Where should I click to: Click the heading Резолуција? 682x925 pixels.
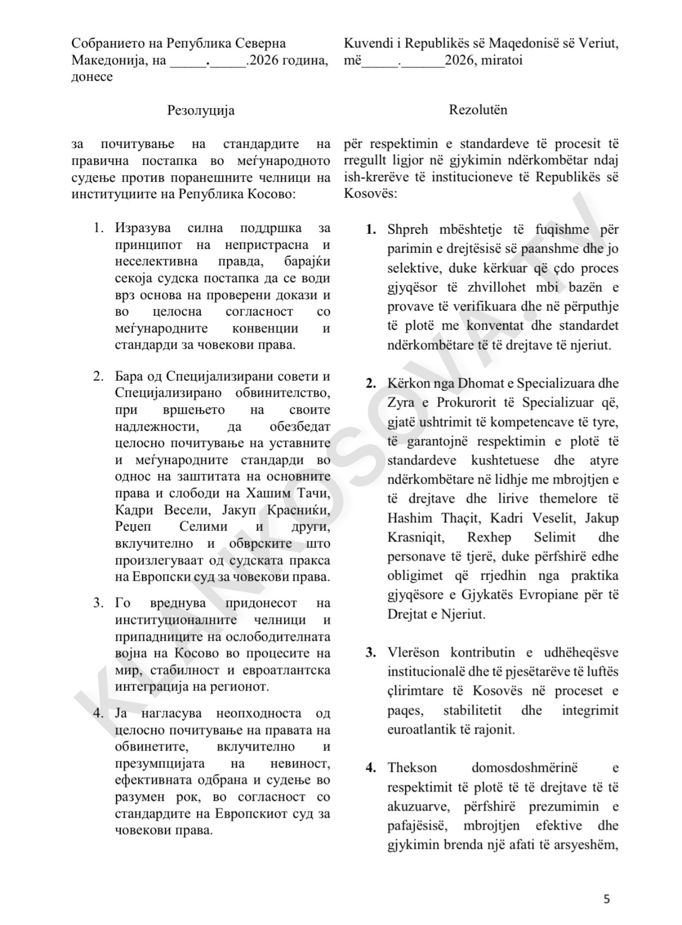[201, 110]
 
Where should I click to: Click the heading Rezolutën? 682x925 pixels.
[478, 110]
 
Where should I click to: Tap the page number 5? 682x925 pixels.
[606, 899]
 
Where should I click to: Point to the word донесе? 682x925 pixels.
[92, 77]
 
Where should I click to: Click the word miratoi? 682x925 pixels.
[502, 61]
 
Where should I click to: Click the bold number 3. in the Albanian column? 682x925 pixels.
[371, 652]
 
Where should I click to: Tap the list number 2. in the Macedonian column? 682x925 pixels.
[98, 376]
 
